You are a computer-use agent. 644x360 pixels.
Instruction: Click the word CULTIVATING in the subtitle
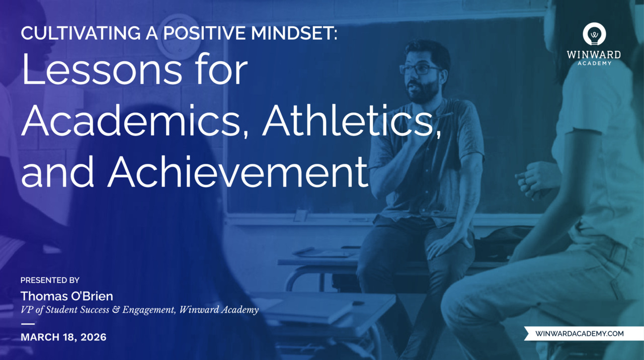(x=81, y=33)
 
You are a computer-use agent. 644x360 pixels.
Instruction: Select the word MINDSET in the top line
(x=292, y=33)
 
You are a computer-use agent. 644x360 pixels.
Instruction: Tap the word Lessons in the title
(x=102, y=69)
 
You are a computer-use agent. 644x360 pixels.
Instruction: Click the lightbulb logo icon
(x=594, y=34)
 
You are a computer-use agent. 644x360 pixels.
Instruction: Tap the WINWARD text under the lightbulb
(x=594, y=55)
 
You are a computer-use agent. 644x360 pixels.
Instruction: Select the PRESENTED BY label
(x=50, y=280)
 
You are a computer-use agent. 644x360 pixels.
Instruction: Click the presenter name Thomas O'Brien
(x=67, y=296)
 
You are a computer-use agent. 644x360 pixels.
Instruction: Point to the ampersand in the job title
(x=116, y=310)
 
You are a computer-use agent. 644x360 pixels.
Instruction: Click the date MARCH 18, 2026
(x=63, y=337)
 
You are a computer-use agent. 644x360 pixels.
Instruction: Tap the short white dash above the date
(x=28, y=324)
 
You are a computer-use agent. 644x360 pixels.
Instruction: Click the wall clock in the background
(x=179, y=37)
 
